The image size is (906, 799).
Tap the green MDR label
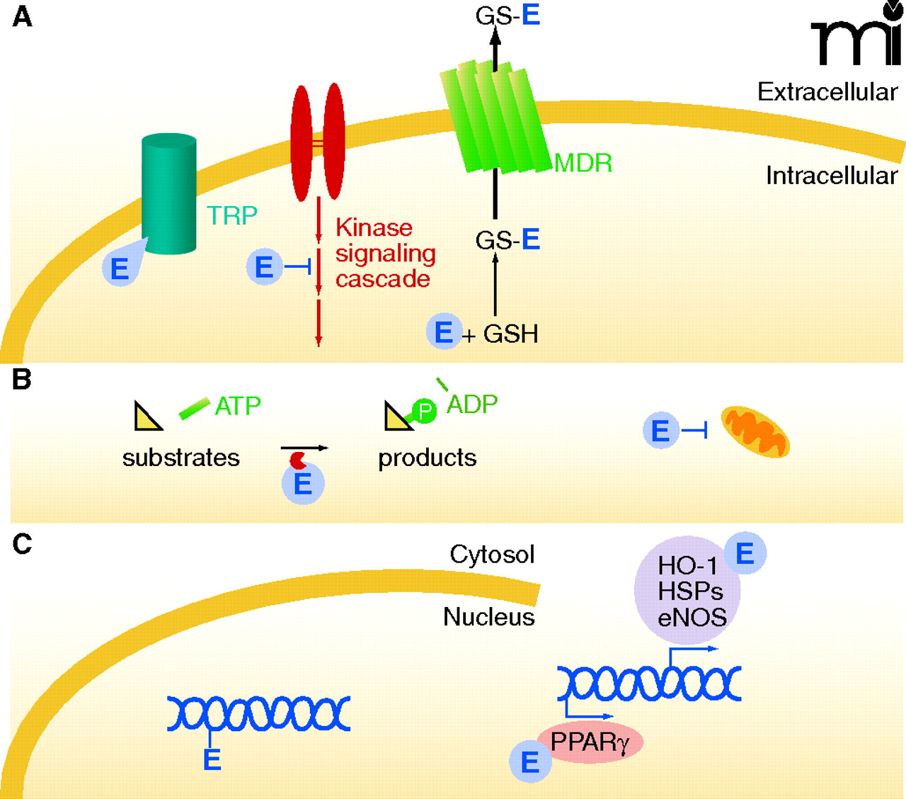[583, 164]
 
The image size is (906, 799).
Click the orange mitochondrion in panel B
[755, 431]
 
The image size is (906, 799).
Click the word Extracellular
[827, 92]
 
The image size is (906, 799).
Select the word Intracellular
[831, 176]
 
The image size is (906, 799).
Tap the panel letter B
[21, 380]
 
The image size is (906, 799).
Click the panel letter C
[22, 544]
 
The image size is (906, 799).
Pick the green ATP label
[238, 406]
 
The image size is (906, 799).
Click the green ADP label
[472, 404]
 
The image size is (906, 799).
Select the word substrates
[181, 458]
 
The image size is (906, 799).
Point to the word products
[427, 458]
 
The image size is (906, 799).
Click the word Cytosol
[492, 554]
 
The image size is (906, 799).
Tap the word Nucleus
[488, 617]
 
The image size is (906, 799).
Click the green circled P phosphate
[424, 411]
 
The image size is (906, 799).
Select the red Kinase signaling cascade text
[385, 253]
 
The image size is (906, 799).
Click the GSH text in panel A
[510, 334]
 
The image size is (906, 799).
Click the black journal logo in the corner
[855, 35]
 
